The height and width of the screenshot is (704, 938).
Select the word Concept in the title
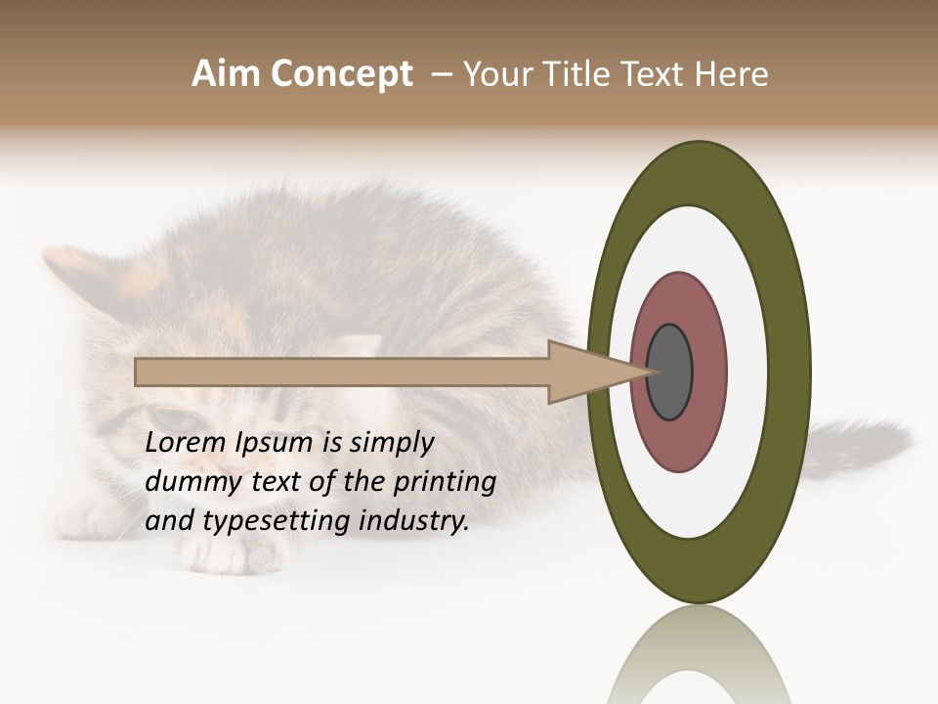[x=340, y=75]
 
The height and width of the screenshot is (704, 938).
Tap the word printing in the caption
[x=445, y=483]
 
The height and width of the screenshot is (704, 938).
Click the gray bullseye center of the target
[x=670, y=372]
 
